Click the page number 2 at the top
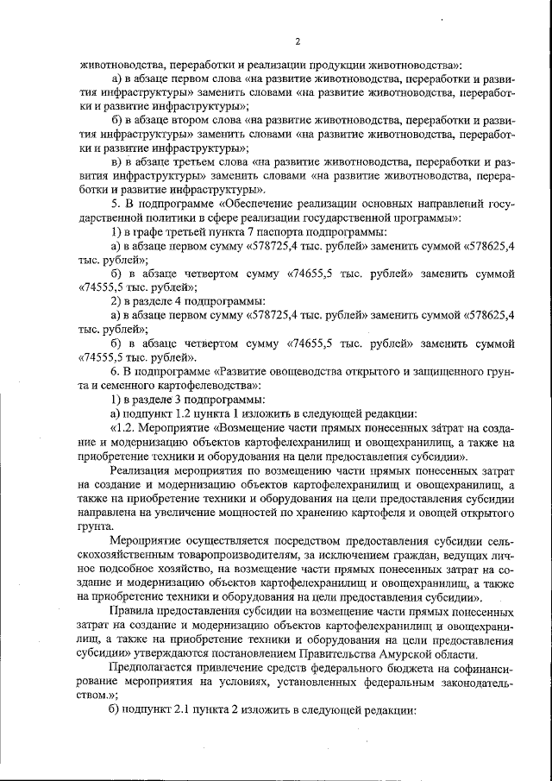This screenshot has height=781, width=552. pos(297,41)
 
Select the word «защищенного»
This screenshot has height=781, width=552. pos(442,369)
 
